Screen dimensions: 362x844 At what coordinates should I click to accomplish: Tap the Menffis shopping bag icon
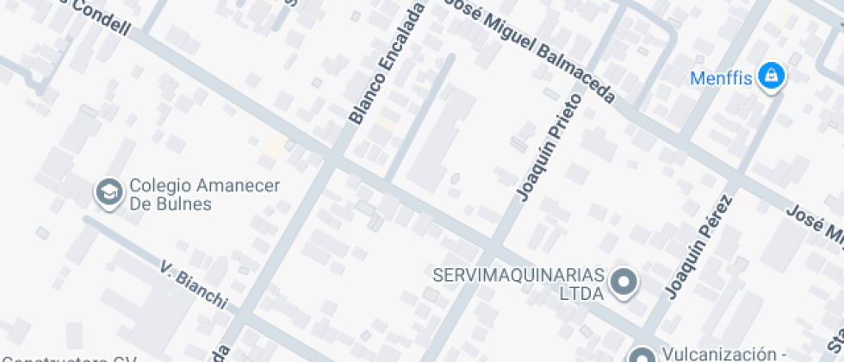(x=769, y=78)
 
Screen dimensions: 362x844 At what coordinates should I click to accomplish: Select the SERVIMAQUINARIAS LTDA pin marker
(x=623, y=282)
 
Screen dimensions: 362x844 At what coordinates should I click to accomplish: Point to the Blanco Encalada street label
(x=387, y=63)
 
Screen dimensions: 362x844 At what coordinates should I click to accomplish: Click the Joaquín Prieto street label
(x=549, y=147)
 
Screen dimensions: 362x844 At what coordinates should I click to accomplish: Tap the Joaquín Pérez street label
(x=699, y=245)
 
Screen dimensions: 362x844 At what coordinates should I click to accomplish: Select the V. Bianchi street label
(x=194, y=284)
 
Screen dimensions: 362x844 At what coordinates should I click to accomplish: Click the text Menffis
(x=723, y=78)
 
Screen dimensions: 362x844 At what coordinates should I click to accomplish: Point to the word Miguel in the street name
(x=512, y=39)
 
